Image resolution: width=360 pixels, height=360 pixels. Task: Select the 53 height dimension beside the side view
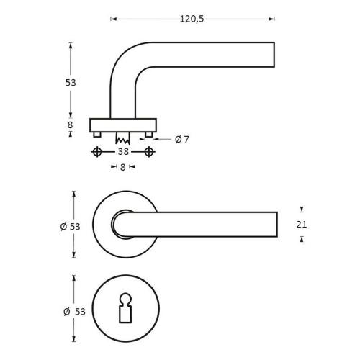[71, 82]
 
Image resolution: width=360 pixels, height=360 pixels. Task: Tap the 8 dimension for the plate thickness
[71, 125]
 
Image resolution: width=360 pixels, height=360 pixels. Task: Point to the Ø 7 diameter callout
[181, 139]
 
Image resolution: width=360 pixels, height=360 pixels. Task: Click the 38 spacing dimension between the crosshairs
[123, 152]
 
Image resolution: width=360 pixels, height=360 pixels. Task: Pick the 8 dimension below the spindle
[123, 166]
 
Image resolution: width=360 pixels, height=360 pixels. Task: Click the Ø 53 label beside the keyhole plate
[74, 311]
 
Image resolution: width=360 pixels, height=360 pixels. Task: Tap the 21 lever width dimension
[302, 225]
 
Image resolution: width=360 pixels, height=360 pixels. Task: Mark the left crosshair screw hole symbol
[96, 152]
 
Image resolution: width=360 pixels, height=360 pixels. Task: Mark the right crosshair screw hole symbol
[149, 152]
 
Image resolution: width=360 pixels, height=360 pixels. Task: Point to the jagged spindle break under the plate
[123, 137]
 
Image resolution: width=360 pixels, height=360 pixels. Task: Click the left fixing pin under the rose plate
[96, 135]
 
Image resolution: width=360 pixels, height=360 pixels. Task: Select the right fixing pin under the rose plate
[149, 135]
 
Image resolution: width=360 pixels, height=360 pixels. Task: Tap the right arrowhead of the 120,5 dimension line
[271, 19]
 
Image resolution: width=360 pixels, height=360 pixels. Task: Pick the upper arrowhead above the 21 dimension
[302, 210]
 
